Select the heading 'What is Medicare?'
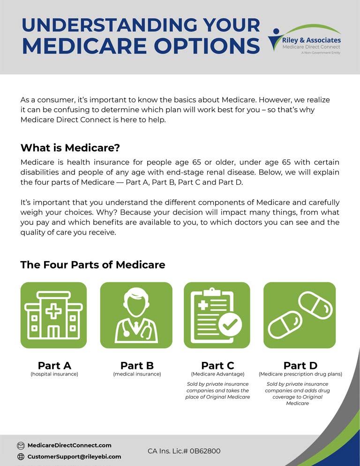coord(70,148)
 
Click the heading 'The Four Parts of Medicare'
coord(93,264)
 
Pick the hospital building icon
coord(53,315)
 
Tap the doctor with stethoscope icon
coord(136,315)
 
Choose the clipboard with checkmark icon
coord(217,315)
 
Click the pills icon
coord(300,315)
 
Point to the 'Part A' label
coord(54,365)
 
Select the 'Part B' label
coord(137,365)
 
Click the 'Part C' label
coord(217,365)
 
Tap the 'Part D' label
coord(300,365)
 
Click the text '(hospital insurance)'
coord(54,374)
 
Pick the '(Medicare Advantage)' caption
coord(217,374)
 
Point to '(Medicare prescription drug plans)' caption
coord(300,374)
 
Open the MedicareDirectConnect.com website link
coord(69,445)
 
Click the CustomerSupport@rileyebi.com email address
coord(74,456)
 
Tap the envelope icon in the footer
coord(21,445)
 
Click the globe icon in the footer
coord(21,457)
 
